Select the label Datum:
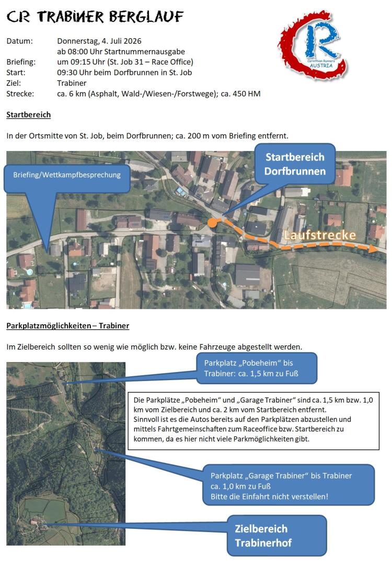point(19,40)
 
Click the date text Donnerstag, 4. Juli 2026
point(99,40)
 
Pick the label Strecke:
point(20,94)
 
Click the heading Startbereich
point(28,114)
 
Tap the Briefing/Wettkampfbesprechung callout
point(66,175)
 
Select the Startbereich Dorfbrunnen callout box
point(295,164)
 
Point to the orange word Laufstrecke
point(320,236)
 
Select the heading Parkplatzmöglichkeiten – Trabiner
point(67,326)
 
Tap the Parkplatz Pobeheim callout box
point(256,368)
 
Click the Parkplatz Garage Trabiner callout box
point(288,485)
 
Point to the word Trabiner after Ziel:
point(72,83)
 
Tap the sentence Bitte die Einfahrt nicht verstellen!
point(270,495)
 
